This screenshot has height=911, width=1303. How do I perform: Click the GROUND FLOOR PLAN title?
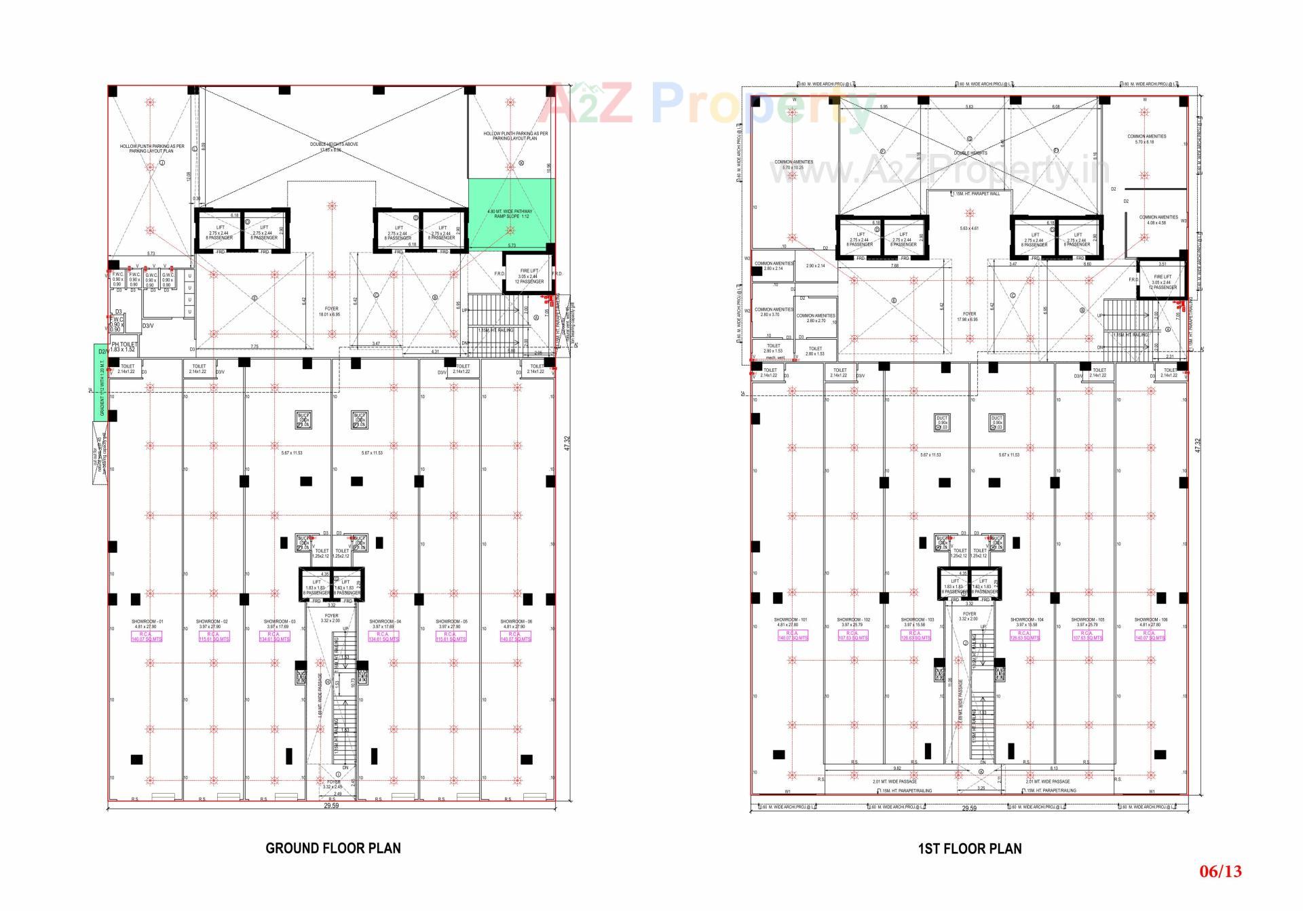(x=333, y=848)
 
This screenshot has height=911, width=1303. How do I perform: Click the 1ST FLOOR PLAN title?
(x=969, y=849)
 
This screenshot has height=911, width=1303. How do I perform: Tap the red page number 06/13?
(x=1220, y=889)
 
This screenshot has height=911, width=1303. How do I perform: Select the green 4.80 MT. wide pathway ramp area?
(x=511, y=214)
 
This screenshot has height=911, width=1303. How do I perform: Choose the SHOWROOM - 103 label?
(x=917, y=622)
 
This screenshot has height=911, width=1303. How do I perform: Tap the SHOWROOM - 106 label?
(x=1150, y=622)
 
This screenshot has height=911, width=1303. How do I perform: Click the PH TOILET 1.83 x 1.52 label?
(x=123, y=347)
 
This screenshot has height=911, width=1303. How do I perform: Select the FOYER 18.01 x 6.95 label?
(x=331, y=312)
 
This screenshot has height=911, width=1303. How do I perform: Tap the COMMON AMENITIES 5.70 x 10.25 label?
(x=793, y=164)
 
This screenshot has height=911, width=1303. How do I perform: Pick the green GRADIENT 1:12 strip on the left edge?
(x=101, y=383)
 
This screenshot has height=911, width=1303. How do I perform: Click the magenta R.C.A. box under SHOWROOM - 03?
(x=274, y=636)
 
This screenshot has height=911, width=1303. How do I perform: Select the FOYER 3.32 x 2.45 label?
(x=333, y=783)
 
